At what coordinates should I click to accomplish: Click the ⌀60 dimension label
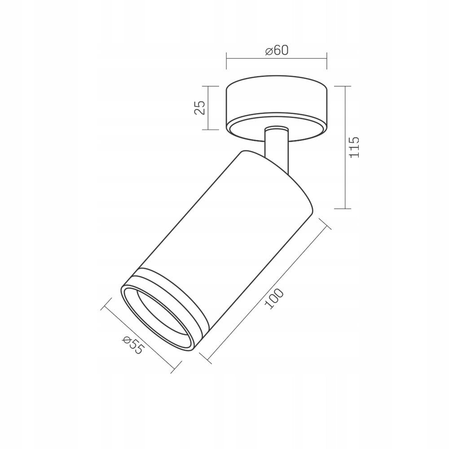(277, 51)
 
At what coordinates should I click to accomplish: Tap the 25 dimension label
(200, 108)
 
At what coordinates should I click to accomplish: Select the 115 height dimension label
(354, 147)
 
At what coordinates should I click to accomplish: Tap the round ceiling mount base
(276, 109)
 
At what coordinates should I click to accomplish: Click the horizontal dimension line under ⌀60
(277, 59)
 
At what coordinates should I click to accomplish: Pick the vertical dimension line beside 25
(208, 108)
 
